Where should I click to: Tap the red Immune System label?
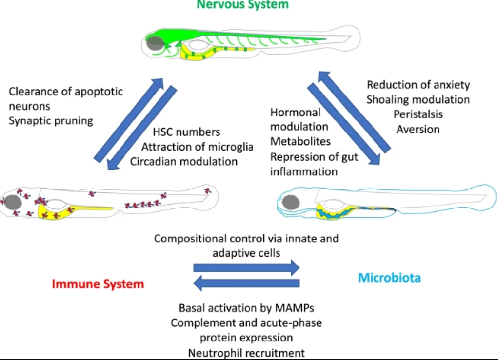tap(98, 284)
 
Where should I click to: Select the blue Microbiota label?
tap(389, 277)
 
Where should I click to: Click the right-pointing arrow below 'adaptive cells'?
tap(246, 267)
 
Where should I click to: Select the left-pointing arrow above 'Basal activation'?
tap(246, 284)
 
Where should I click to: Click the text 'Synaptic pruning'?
tap(51, 121)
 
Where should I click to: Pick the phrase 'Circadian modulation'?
tap(184, 162)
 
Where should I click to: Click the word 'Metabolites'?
tap(300, 141)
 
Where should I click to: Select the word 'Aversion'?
tap(418, 129)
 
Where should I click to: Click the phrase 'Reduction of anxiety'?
tap(418, 85)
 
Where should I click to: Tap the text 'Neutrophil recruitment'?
tap(246, 353)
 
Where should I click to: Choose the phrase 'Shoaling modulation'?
tap(418, 100)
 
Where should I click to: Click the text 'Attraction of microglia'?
tap(197, 147)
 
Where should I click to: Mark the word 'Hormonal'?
tap(295, 112)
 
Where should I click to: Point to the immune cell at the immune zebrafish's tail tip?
tap(208, 190)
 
